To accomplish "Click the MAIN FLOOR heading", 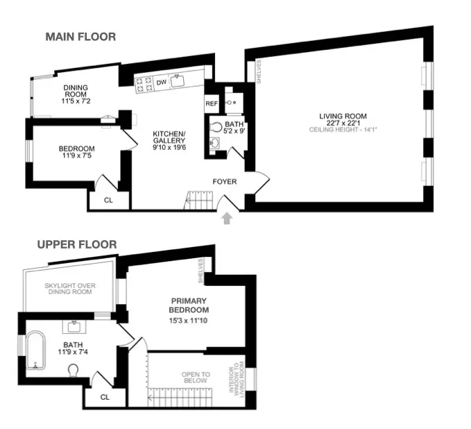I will (80, 37).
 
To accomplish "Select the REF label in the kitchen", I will (212, 103).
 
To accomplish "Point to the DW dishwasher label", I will (161, 83).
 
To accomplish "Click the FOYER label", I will (225, 182).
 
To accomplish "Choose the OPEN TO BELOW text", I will (196, 378).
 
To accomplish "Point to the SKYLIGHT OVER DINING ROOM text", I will (70, 289).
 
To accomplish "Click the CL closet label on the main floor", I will (108, 199).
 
